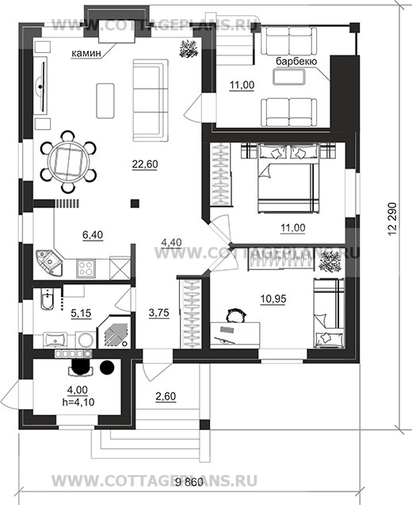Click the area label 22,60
tap(145, 165)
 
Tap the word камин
tap(86, 53)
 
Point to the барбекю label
tap(296, 61)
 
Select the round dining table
tap(68, 161)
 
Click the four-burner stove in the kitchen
tap(86, 268)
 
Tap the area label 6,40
tap(93, 235)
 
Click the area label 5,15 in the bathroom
tap(81, 313)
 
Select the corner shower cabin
tap(114, 332)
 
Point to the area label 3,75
tap(159, 313)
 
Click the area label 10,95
tap(273, 299)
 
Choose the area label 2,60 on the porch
tap(166, 397)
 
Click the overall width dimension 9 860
tap(189, 482)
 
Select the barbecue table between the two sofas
tap(289, 77)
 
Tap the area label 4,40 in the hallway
tap(171, 242)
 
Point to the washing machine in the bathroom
tap(86, 340)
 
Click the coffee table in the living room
tap(105, 101)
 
